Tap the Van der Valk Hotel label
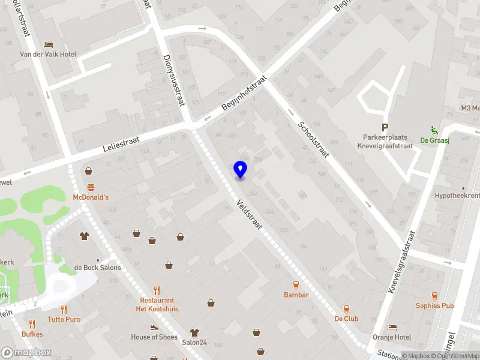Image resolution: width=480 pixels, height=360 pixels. (48, 55)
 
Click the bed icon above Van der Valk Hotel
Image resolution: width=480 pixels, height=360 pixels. (48, 44)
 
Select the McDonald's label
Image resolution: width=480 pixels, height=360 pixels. (91, 197)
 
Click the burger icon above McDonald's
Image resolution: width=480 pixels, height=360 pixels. (91, 187)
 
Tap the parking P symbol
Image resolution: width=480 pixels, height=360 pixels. (385, 127)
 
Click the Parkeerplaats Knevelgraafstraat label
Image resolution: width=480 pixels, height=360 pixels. (385, 142)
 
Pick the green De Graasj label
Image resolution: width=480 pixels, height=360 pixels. (434, 140)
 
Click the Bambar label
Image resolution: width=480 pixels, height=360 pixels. (296, 295)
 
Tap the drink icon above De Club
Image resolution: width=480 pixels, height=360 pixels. (346, 308)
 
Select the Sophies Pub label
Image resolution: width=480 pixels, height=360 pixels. (435, 305)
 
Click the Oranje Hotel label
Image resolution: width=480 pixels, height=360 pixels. (391, 337)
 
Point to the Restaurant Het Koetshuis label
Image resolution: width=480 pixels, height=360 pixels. (157, 305)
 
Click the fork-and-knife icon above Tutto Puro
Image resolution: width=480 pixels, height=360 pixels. (64, 309)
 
